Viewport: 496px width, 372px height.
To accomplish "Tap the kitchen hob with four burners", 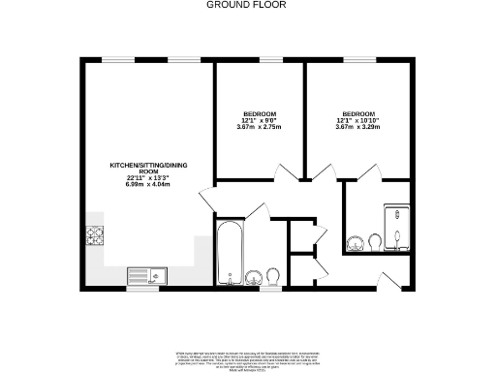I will (x=96, y=233).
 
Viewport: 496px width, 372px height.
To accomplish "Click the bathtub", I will (x=230, y=254).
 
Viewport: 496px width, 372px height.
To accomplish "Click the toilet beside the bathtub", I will (x=272, y=277).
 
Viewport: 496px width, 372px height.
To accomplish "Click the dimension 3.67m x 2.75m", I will (x=259, y=127).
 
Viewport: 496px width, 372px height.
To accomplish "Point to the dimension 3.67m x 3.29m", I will (x=357, y=127).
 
